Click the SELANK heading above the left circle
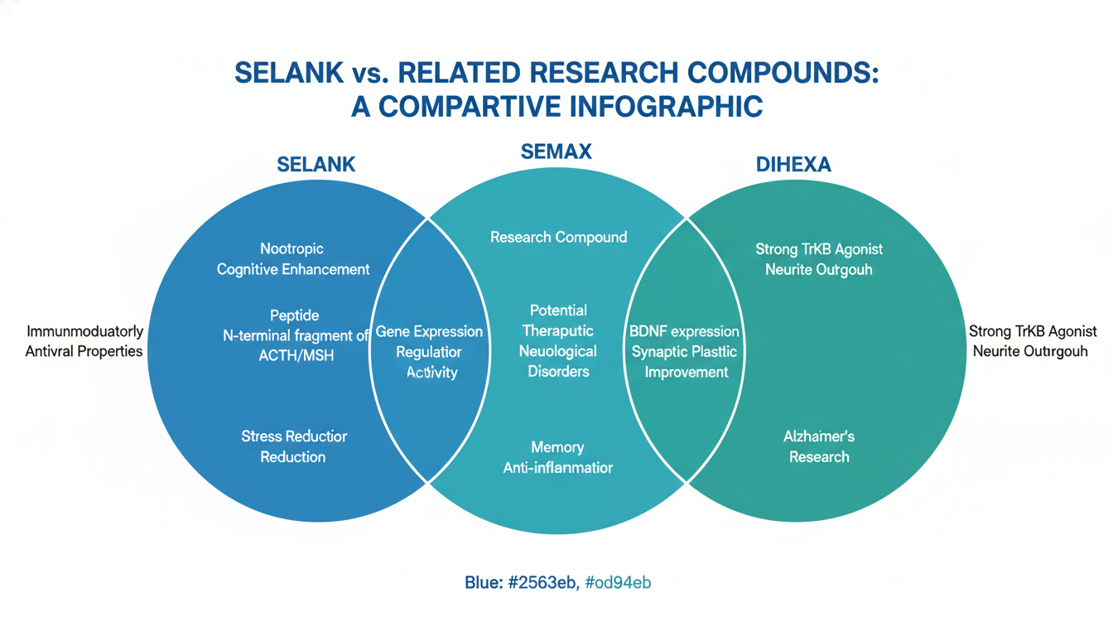pos(316,165)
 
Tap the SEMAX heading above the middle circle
pos(556,152)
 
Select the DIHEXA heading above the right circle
pos(793,165)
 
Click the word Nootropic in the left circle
pos(291,248)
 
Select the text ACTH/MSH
pos(296,356)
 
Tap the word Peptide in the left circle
pos(294,316)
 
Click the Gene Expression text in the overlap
pos(429,331)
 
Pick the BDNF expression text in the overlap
pos(684,331)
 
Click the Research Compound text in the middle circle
pos(558,237)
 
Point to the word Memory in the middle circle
pos(557,447)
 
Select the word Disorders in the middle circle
pos(558,372)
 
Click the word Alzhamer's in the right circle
pos(819,436)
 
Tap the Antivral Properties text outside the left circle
pos(84,351)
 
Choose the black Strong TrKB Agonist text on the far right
pos(1033,331)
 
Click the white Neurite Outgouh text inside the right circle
pos(819,269)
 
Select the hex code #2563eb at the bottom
pos(543,582)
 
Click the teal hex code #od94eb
pos(618,582)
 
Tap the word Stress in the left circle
pos(263,436)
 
